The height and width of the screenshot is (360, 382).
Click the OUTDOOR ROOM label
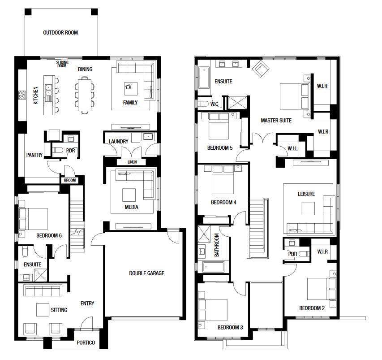tap(60, 33)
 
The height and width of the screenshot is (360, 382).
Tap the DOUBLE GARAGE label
tap(146, 273)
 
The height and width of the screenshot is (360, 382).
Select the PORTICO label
tap(86, 343)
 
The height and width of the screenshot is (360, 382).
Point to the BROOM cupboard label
tap(70, 180)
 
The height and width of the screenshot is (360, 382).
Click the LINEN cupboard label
tap(132, 162)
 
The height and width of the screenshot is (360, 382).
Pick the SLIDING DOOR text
tap(62, 64)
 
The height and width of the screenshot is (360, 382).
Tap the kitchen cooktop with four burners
tap(22, 95)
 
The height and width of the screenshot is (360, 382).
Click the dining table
tap(85, 95)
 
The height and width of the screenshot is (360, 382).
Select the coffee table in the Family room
tap(131, 88)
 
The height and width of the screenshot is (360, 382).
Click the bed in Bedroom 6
tap(33, 219)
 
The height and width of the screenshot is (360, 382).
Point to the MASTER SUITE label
tap(276, 121)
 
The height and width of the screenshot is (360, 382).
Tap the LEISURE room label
tap(306, 194)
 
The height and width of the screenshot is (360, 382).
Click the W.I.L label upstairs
tap(292, 148)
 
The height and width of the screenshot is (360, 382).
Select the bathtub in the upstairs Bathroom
tap(214, 267)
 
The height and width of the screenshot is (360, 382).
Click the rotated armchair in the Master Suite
tap(261, 69)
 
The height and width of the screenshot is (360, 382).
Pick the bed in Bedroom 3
tap(213, 310)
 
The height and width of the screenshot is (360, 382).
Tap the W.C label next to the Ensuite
tap(214, 104)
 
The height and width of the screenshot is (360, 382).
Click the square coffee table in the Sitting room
tap(43, 309)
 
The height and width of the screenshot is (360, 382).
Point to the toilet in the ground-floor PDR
tap(58, 150)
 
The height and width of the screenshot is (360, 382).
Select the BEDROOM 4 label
tap(223, 202)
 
